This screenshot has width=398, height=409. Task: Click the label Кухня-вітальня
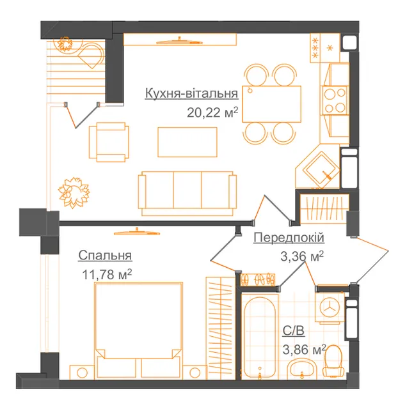click(x=191, y=93)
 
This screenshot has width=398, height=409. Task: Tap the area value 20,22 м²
click(x=212, y=112)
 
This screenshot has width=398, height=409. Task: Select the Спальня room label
click(x=105, y=256)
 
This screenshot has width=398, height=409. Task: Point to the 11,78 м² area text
click(x=107, y=274)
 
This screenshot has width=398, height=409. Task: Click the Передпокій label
click(x=289, y=238)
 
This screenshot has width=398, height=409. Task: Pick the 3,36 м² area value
click(x=302, y=256)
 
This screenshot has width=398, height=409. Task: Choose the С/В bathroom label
click(x=294, y=331)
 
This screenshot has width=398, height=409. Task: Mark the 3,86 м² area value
click(x=304, y=350)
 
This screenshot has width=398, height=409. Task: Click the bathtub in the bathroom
click(x=260, y=337)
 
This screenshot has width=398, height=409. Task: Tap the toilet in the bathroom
click(x=333, y=361)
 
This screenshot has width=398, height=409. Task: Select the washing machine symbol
click(x=330, y=308)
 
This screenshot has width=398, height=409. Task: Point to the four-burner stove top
click(x=335, y=100)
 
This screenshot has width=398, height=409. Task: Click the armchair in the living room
click(x=109, y=142)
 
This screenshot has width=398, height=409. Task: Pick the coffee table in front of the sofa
click(x=187, y=142)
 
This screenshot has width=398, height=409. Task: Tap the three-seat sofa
click(x=187, y=193)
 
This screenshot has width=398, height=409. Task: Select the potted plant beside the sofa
click(x=74, y=192)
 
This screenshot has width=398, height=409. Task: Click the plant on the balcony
click(x=65, y=43)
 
